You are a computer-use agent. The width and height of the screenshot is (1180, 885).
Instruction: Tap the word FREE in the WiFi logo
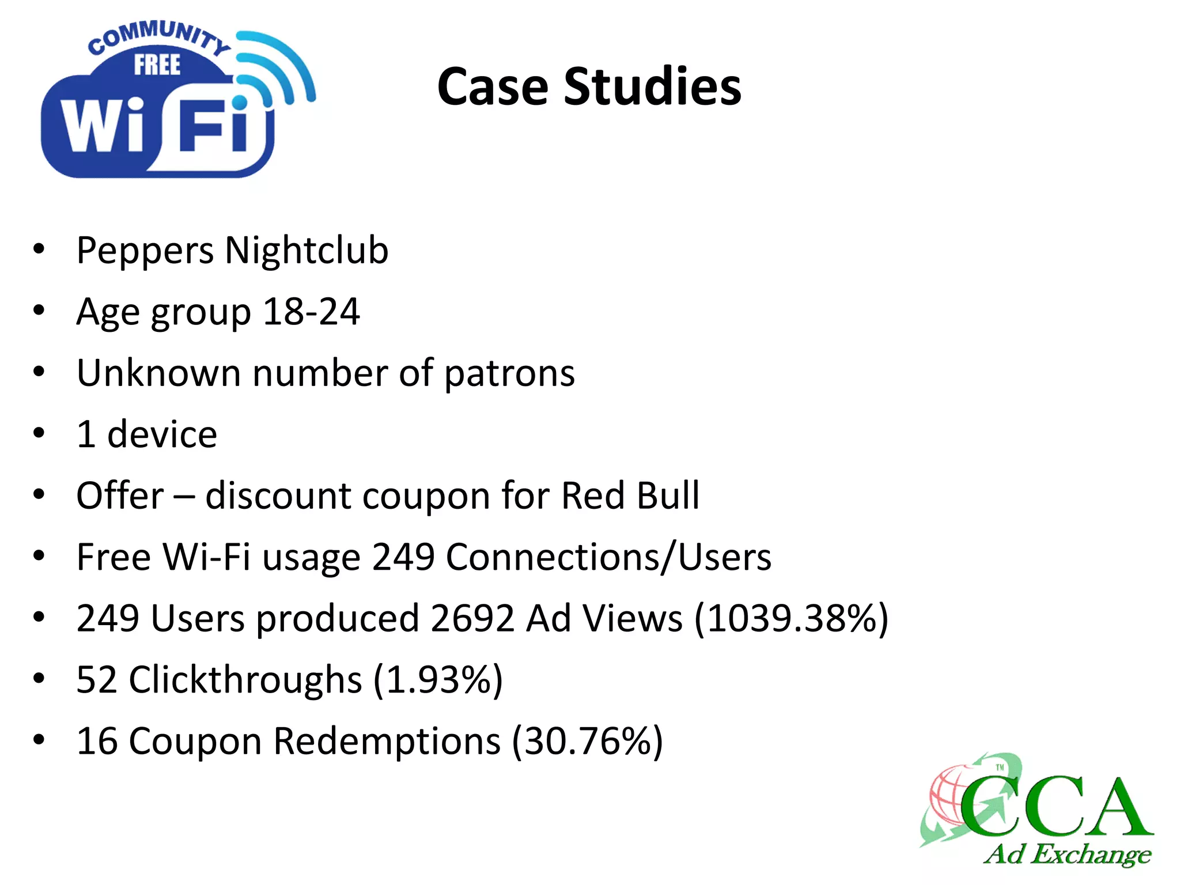(157, 65)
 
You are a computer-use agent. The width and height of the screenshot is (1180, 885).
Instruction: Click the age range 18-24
(311, 312)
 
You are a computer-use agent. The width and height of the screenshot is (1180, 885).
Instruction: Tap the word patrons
(509, 373)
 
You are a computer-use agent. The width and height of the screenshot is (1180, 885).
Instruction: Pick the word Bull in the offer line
(668, 496)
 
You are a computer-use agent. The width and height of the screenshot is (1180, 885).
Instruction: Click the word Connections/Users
(608, 557)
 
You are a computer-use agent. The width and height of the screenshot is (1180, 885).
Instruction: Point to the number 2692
(472, 618)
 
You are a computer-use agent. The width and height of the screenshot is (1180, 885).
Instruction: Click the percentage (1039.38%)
(792, 618)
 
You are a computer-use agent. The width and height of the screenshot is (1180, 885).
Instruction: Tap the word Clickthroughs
(245, 680)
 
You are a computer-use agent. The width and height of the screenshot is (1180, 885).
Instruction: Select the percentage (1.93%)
(438, 680)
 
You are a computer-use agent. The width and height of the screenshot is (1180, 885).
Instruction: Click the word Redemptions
(387, 742)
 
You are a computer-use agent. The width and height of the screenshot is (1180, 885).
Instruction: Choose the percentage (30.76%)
(588, 741)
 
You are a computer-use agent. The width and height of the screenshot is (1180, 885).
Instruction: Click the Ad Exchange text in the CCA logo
(1067, 854)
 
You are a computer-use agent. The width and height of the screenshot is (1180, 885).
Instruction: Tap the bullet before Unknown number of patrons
(39, 372)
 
